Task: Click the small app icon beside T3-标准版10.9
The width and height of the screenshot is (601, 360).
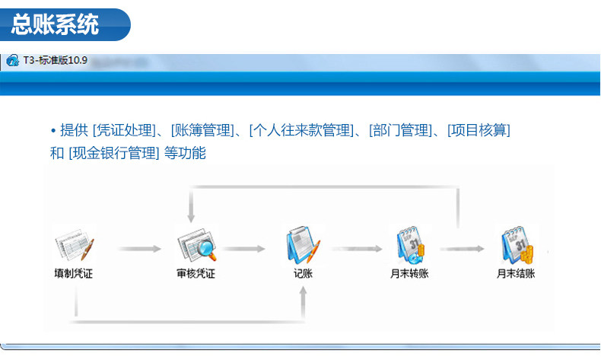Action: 12,61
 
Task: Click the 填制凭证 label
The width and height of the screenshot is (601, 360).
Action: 74,274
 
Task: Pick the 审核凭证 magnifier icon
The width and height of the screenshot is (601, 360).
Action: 196,245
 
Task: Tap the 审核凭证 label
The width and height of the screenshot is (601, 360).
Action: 196,274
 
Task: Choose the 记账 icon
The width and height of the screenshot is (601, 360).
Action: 303,245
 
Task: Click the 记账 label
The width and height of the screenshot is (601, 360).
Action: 303,274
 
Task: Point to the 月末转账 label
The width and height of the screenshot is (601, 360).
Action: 409,274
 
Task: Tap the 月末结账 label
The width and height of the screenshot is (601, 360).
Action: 516,274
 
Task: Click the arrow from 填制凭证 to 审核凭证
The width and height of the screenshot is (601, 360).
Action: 140,248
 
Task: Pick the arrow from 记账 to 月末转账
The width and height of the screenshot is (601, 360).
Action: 355,248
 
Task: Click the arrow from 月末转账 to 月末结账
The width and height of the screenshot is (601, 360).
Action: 463,248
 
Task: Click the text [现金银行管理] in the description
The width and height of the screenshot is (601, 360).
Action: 114,153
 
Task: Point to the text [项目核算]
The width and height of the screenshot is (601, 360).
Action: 479,130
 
